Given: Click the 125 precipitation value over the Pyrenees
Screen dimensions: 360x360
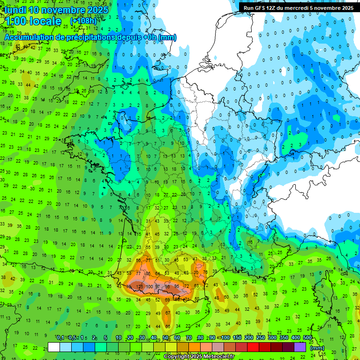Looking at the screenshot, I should point(139,286).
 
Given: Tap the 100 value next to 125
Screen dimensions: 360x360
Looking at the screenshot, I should point(149,286).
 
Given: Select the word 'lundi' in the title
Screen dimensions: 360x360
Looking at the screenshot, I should point(17,10).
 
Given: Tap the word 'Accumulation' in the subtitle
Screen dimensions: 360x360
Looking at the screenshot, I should point(29,37).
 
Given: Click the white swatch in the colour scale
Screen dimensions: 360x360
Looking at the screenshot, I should point(54,347).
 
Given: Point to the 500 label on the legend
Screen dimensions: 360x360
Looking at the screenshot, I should point(307,338).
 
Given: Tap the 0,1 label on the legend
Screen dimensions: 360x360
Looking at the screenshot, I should point(60,338).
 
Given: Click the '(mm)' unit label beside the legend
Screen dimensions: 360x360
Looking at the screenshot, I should point(317,348).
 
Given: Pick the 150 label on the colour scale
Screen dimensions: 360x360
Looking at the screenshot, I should point(237,338).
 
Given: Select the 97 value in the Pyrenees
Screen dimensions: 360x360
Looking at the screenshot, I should point(158,286).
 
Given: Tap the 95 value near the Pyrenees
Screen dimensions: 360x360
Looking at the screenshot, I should point(177,286).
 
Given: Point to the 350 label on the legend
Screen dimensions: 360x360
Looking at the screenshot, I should point(284,338).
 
